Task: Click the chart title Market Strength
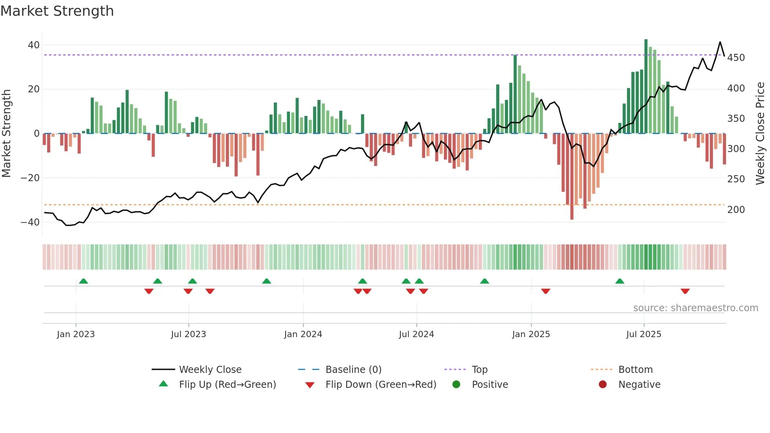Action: click(57, 11)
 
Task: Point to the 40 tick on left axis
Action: click(34, 45)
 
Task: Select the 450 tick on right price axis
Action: click(736, 58)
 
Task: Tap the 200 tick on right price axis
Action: click(736, 210)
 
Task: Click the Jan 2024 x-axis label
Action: click(303, 334)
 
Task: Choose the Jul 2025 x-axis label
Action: click(643, 334)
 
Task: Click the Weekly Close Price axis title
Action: click(760, 134)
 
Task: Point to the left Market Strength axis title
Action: click(7, 134)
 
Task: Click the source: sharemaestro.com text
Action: click(695, 308)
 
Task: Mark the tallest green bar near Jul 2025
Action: click(646, 86)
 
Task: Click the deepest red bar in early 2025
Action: click(572, 177)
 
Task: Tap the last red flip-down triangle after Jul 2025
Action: click(685, 291)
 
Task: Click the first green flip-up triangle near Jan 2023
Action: click(83, 281)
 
